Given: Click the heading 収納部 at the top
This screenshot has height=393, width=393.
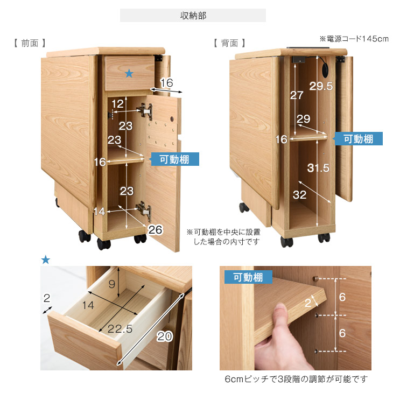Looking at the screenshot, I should pos(193,16).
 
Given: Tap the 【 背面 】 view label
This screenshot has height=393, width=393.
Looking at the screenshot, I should pos(229,43).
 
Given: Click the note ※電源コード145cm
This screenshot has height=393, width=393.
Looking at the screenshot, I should pos(354,39).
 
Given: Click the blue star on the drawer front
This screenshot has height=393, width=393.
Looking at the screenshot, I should pos(129,74).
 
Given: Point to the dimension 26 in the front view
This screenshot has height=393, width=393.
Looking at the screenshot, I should pos(155,230).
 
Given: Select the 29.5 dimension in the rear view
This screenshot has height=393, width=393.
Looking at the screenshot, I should pos(321,86).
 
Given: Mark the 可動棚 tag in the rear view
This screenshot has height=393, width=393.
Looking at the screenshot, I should pos(359,138).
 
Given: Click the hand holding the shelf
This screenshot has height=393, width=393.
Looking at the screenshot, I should pos(275,339).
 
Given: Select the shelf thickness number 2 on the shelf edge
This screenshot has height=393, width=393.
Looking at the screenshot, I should pos(308,303).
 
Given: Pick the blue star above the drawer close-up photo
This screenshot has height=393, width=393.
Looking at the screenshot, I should pos(46,260).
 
